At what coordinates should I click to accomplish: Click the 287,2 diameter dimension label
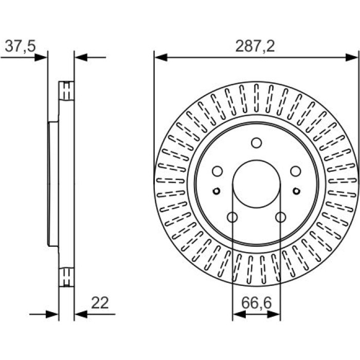[255, 46]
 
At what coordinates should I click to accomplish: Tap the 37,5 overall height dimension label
[20, 46]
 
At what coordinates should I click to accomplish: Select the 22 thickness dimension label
[100, 303]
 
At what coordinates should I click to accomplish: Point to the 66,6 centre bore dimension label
[257, 303]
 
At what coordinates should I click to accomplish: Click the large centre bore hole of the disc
[257, 184]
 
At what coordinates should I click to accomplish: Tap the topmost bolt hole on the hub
[257, 143]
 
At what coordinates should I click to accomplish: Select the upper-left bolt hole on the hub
[218, 171]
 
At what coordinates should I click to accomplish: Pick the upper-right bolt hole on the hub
[296, 171]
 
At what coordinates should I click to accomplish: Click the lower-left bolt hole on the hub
[232, 217]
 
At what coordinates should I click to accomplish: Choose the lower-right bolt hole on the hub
[281, 217]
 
